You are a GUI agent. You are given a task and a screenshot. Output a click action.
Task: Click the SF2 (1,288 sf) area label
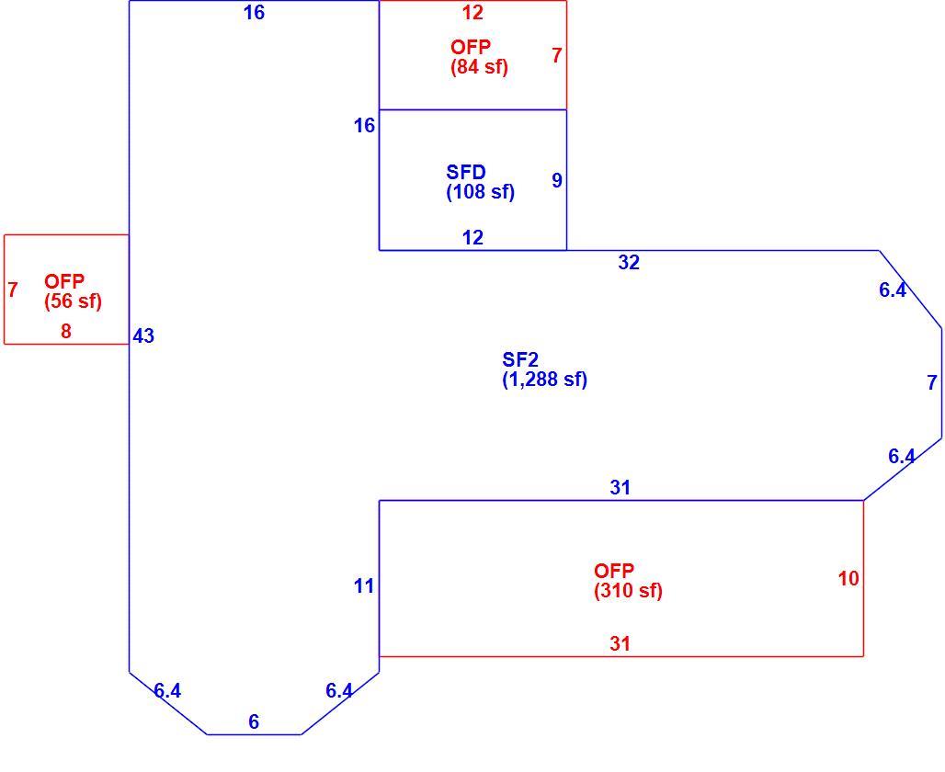click(x=545, y=369)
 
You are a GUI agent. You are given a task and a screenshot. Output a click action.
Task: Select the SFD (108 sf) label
click(x=481, y=182)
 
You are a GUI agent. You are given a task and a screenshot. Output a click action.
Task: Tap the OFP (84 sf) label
click(x=479, y=57)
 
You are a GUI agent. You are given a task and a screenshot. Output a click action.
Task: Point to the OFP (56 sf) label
click(x=73, y=291)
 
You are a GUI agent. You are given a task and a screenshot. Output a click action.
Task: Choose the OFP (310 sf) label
click(x=628, y=580)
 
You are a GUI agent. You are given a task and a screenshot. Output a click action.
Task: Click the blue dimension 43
click(x=143, y=335)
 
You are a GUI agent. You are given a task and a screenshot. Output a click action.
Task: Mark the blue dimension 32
click(x=629, y=262)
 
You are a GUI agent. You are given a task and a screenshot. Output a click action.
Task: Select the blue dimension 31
click(x=621, y=487)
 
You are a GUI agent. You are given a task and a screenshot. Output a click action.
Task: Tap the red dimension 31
click(x=621, y=643)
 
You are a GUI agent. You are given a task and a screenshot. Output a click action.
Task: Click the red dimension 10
click(x=848, y=579)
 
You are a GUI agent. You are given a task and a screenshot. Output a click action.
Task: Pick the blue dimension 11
click(x=363, y=585)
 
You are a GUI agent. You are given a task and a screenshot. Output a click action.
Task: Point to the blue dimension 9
click(x=557, y=180)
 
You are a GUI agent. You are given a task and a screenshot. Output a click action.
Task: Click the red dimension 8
click(x=65, y=331)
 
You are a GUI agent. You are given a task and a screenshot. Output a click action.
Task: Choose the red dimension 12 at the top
click(x=472, y=13)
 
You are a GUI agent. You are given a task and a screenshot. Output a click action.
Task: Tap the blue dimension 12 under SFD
click(x=472, y=237)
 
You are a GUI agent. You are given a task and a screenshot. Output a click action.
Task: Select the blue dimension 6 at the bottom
click(x=254, y=721)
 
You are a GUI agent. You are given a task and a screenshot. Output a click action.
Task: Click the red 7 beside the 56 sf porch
click(x=13, y=289)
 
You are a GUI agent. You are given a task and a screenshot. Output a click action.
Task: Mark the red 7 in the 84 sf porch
click(x=557, y=55)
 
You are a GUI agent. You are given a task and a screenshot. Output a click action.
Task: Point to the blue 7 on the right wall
click(x=932, y=382)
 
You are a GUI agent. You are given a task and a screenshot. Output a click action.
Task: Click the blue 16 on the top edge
click(x=254, y=13)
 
